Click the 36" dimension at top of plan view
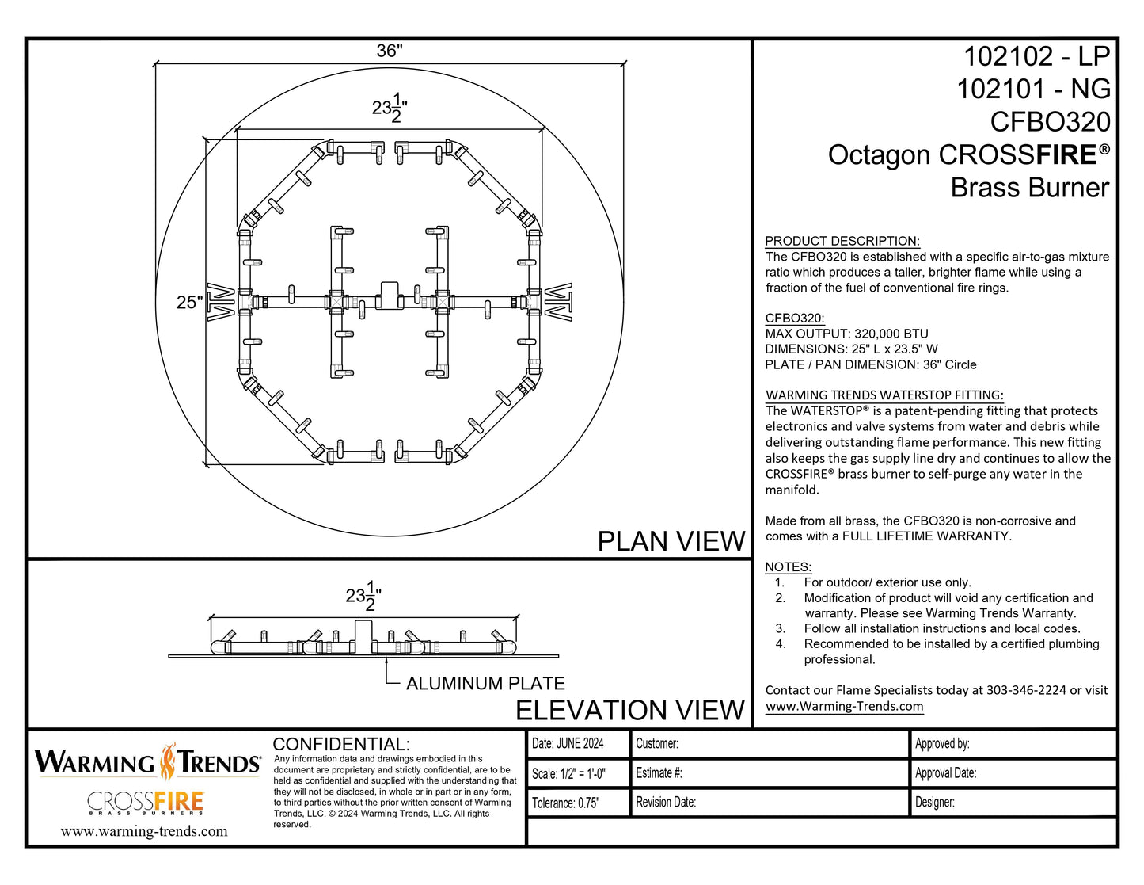click(x=389, y=51)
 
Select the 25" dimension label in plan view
click(x=189, y=303)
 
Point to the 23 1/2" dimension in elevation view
click(x=363, y=596)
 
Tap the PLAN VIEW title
click(x=671, y=541)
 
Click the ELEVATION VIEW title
click(x=629, y=710)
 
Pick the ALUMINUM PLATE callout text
click(x=485, y=683)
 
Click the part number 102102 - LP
click(x=1036, y=57)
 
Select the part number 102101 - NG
click(x=1033, y=90)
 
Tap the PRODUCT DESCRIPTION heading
click(x=842, y=241)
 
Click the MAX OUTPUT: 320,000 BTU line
click(x=846, y=334)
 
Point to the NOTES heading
click(x=788, y=566)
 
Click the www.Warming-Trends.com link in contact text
click(x=844, y=706)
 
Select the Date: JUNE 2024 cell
click(x=568, y=743)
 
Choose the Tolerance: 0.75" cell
click(x=565, y=803)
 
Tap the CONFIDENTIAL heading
click(x=341, y=744)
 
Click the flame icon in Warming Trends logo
click(x=168, y=761)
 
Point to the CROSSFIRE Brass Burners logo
click(x=145, y=803)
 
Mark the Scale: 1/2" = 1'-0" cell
click(x=568, y=773)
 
